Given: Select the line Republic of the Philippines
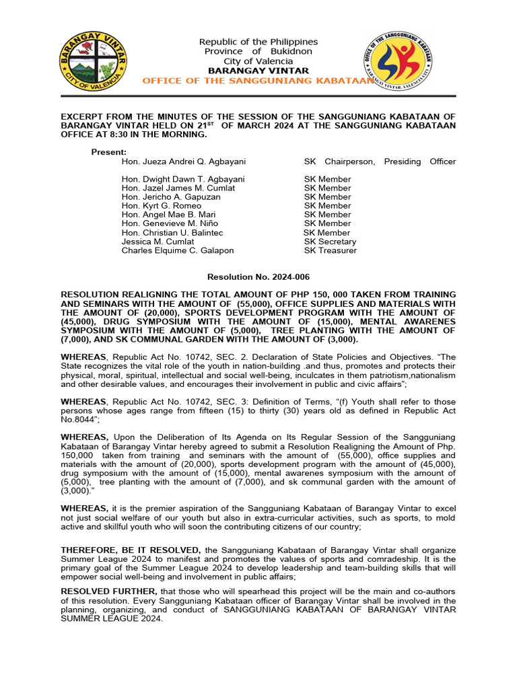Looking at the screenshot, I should [x=258, y=42].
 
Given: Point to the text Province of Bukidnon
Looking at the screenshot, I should [x=258, y=51].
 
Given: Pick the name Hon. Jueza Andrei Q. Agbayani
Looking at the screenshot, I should [x=174, y=161].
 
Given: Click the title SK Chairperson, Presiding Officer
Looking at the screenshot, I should [x=380, y=161].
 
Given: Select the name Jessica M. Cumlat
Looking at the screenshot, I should [x=158, y=242].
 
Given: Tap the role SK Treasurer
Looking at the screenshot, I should [x=330, y=250].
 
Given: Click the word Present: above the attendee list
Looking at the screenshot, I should [x=109, y=152].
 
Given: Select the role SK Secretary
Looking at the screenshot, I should [x=330, y=242].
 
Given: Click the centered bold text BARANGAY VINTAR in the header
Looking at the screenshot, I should [x=258, y=71].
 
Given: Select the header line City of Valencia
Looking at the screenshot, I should [x=258, y=61].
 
